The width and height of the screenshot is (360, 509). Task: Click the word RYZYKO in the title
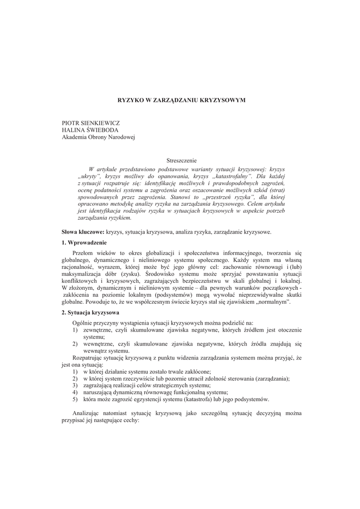pyautogui.click(x=129, y=100)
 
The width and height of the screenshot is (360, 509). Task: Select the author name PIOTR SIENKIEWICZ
pyautogui.click(x=91, y=123)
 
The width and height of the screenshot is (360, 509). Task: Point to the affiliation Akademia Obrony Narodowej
pyautogui.click(x=98, y=137)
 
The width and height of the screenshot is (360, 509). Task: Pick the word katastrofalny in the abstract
pyautogui.click(x=230, y=176)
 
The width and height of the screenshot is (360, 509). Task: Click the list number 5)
pyautogui.click(x=75, y=399)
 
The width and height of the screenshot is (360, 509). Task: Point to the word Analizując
pyautogui.click(x=88, y=413)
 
